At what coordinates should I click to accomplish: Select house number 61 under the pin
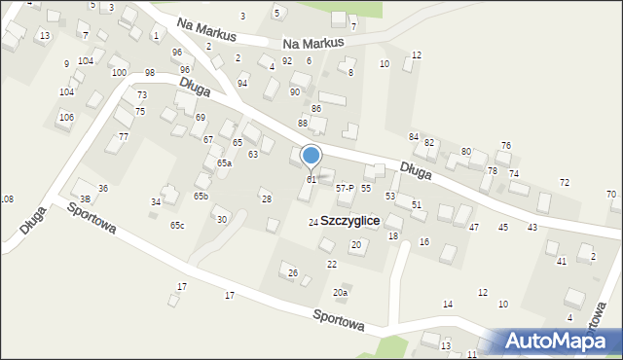point(311,180)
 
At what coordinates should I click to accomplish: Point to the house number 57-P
point(344,188)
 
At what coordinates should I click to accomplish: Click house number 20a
point(340,293)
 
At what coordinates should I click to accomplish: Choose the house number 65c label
point(177,226)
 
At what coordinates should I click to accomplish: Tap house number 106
point(65,117)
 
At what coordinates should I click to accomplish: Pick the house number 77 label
point(124,136)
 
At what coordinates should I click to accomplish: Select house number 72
point(564,183)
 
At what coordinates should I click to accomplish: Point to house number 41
point(561,262)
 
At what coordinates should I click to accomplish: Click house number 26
point(292,272)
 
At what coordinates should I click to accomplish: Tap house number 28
point(266,199)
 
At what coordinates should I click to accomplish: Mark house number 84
point(414,136)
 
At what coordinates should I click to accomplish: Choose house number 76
point(505,146)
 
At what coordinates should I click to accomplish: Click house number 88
point(303,124)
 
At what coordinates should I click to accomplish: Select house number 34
point(155,201)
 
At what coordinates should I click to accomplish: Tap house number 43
point(532,227)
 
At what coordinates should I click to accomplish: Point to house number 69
point(200,118)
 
